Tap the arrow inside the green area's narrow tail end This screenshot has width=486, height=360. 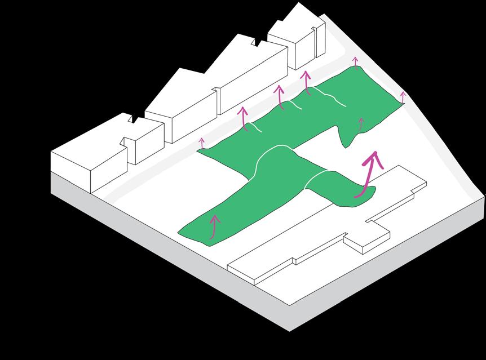pyautogui.click(x=214, y=225)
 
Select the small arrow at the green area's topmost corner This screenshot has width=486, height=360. pyautogui.click(x=355, y=61)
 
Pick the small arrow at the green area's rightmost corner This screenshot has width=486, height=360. pyautogui.click(x=403, y=97)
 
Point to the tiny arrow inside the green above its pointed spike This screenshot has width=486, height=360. pyautogui.click(x=361, y=123)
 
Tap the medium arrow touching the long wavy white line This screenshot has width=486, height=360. pyautogui.click(x=307, y=82)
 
